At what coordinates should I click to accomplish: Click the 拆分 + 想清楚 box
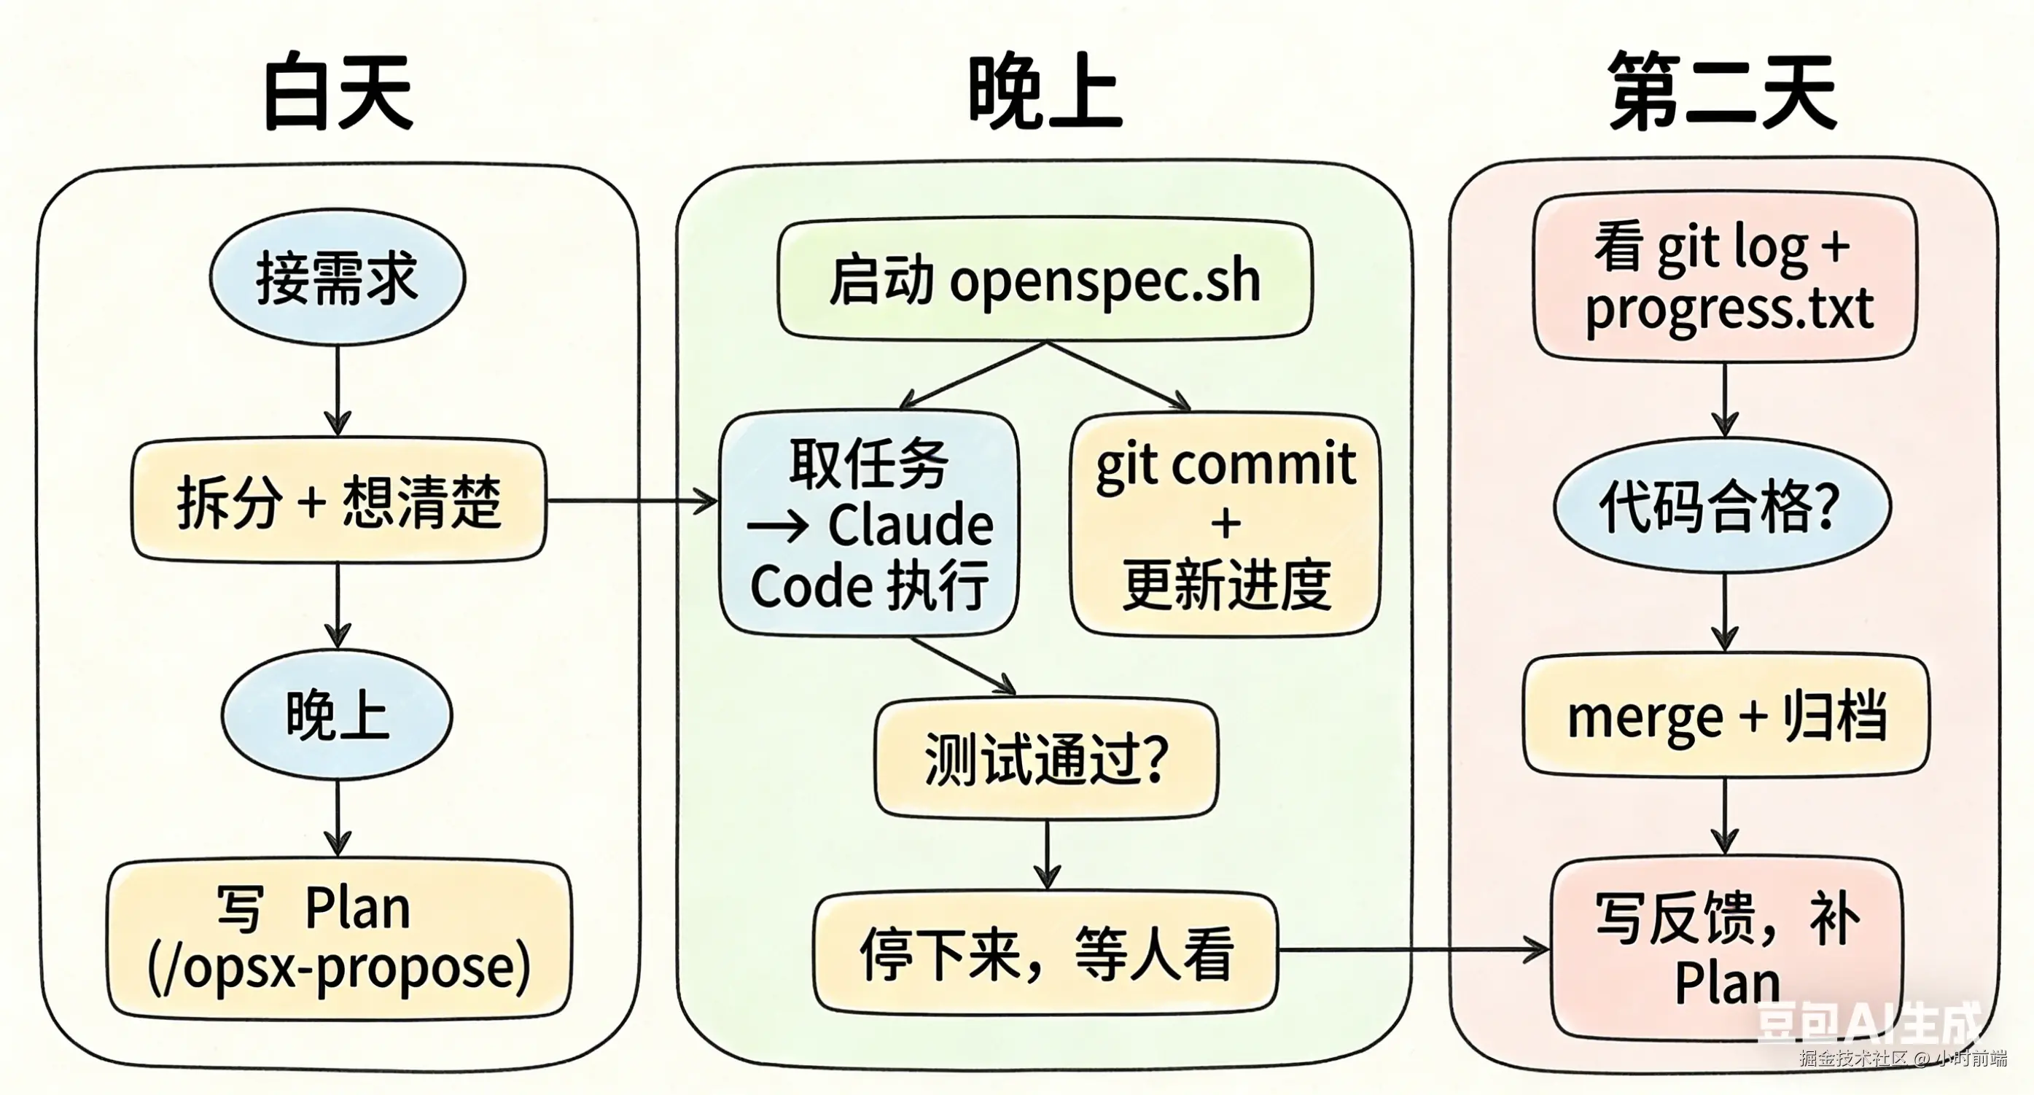(338, 501)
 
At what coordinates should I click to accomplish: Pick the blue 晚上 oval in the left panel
(337, 715)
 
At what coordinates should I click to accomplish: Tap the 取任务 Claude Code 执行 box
(868, 523)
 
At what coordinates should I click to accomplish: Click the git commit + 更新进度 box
(1226, 523)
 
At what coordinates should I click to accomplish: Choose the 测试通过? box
(1046, 758)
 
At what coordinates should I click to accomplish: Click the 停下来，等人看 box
(1045, 952)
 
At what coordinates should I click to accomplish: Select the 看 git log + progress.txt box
(1726, 276)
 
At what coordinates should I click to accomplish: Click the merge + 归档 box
(1726, 715)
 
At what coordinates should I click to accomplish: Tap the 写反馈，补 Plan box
(1726, 947)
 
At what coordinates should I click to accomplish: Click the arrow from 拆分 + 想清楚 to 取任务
(631, 501)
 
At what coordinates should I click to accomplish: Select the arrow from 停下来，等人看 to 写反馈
(1414, 950)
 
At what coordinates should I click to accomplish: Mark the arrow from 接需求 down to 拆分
(338, 391)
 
